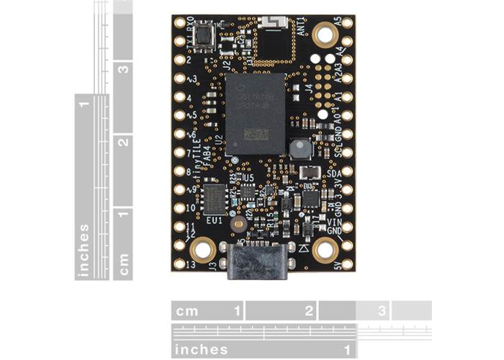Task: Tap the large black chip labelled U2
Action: (256, 114)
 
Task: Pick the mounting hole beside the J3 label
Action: (202, 250)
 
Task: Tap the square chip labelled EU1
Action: (215, 198)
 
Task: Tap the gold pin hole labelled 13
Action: (179, 264)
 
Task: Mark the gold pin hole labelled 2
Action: (179, 60)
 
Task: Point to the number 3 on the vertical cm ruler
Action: (124, 71)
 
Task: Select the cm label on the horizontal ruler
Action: (187, 311)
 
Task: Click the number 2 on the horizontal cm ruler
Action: (308, 311)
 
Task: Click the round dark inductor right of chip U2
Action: (298, 150)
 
